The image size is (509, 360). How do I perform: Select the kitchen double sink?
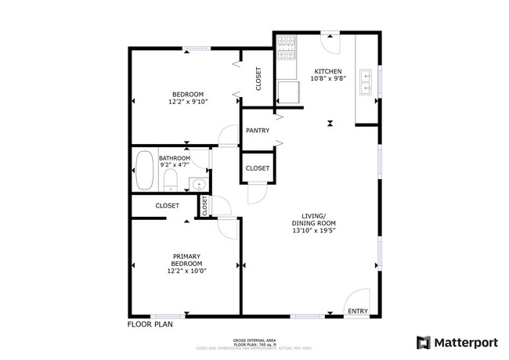pos(366,81)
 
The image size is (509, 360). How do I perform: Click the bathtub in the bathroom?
pos(145,171)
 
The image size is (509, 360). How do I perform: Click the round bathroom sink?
pos(198,185)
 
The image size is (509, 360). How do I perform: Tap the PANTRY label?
pos(257,131)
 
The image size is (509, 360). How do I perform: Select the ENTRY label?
pos(358,311)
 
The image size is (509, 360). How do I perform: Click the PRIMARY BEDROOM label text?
pos(186,260)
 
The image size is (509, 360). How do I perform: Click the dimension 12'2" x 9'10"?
pos(186,102)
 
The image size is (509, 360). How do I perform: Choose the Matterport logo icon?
pos(423,342)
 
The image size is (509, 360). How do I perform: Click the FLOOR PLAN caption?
pos(150,323)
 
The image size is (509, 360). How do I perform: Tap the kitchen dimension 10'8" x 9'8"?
pos(327,77)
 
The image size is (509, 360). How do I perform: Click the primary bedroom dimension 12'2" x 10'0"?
pos(186,272)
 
